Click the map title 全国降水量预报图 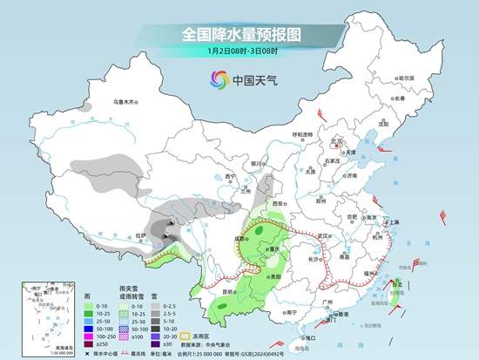point(239,35)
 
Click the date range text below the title point(239,51)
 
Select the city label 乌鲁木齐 point(127,102)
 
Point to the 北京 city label point(341,139)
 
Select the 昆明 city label point(228,290)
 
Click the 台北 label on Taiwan point(399,283)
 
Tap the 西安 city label point(278,201)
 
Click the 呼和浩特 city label point(301,134)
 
